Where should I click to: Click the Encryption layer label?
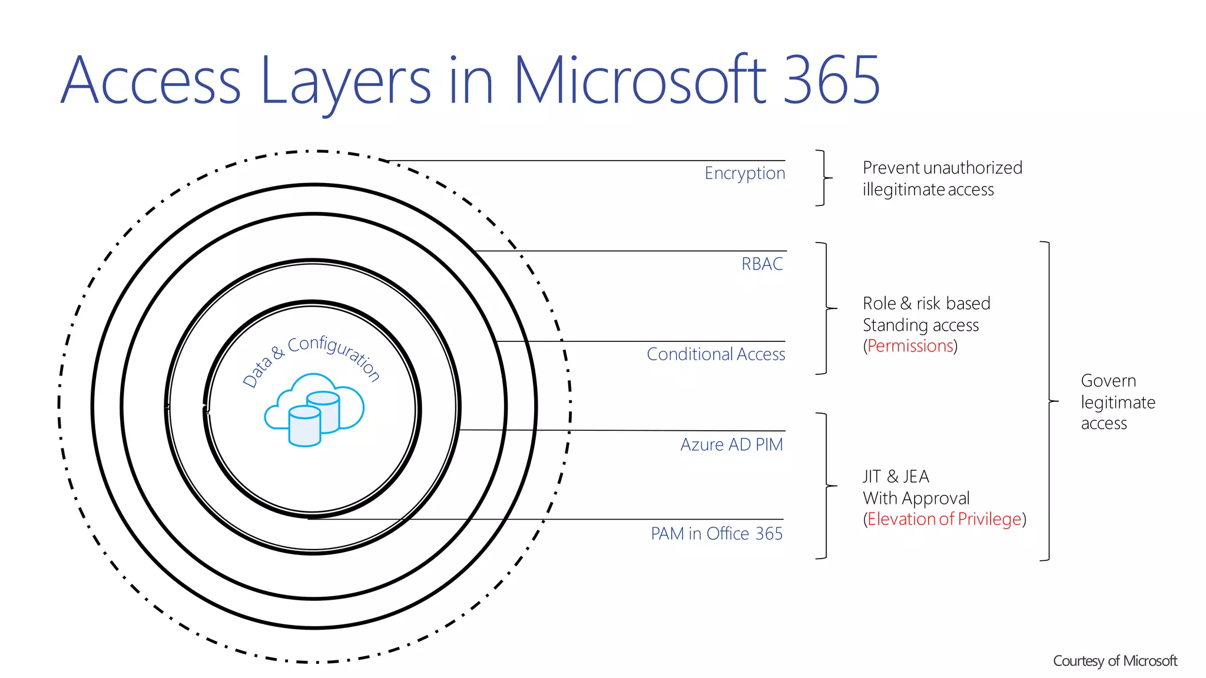744,173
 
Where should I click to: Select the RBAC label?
762,264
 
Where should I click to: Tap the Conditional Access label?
715,354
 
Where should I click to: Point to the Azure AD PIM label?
731,444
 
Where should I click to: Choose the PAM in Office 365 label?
716,533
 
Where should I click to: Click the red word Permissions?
910,345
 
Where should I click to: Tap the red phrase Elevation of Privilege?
944,519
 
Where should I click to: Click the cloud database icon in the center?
313,410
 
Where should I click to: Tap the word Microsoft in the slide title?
640,80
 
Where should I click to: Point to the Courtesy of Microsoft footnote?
1114,661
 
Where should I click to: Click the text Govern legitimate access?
1117,402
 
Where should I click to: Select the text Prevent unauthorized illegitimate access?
942,178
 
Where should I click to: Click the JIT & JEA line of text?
896,476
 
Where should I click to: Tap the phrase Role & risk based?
926,303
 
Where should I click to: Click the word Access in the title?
151,81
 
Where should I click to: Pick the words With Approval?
916,498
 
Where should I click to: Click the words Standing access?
920,325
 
